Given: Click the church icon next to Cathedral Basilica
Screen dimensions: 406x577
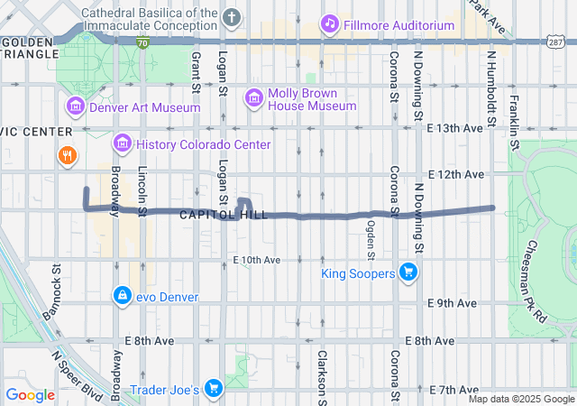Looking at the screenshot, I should pos(232,17).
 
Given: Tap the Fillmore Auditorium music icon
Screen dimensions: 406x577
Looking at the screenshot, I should pos(330,24).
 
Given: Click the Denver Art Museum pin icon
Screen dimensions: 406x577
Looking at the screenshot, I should pos(75,107).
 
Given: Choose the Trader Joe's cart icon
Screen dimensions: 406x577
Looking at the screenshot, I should pos(214,389).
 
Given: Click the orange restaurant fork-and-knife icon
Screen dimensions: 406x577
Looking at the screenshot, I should pos(67,156).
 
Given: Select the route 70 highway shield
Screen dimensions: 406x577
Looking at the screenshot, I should pos(142,42).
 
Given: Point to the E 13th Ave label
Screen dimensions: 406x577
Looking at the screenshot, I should pos(455,128).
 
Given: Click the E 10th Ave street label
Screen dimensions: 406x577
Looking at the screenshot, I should pos(257,260).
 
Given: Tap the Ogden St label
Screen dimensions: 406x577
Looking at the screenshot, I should pos(370,238).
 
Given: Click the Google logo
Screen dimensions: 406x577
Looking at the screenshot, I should pos(31,394).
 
